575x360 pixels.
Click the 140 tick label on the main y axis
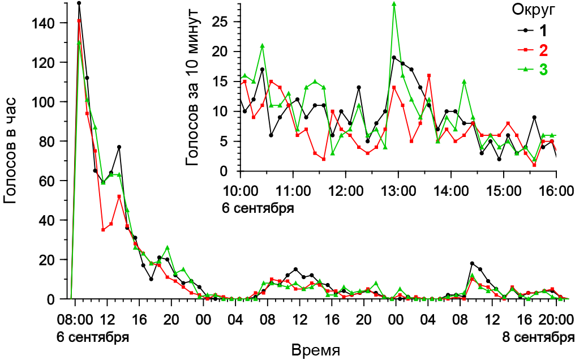tap(44, 23)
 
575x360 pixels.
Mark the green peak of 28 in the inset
tap(394, 4)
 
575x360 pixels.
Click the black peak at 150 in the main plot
tap(79, 3)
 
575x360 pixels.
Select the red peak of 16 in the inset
tap(429, 75)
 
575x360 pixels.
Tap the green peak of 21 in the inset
tap(262, 46)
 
